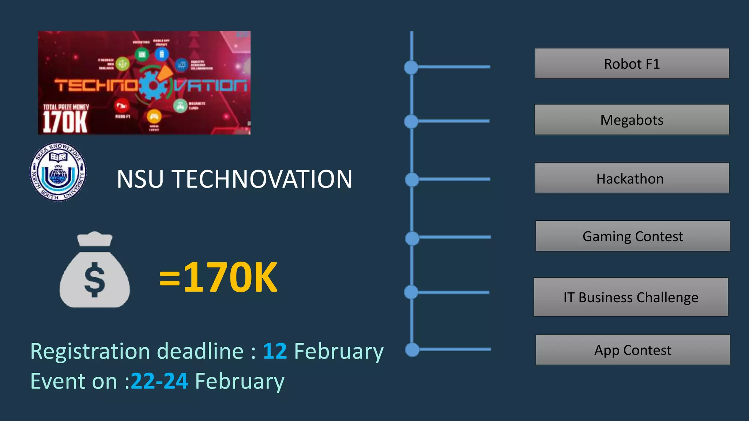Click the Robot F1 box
click(632, 64)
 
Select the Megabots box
click(631, 120)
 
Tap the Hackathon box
click(632, 178)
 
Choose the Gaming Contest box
click(632, 236)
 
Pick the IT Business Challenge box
click(631, 297)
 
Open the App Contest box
click(632, 350)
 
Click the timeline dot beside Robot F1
click(411, 67)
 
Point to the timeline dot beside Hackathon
click(412, 179)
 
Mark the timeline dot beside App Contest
click(412, 350)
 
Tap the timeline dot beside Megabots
click(411, 121)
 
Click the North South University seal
click(58, 171)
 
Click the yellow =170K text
click(218, 278)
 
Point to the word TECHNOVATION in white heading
click(262, 179)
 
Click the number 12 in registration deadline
click(275, 352)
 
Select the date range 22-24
click(159, 381)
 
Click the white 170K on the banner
click(65, 122)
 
